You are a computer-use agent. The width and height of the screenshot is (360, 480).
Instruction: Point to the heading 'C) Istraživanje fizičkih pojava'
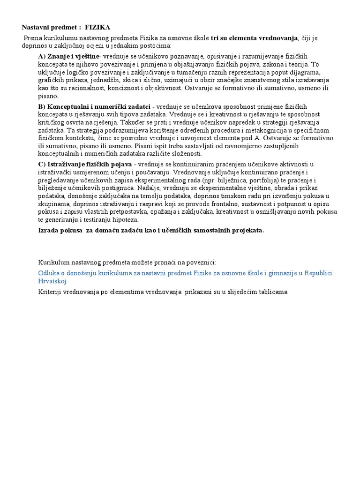tap(85, 164)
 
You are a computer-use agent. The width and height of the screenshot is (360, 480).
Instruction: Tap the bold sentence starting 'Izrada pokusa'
tap(151, 230)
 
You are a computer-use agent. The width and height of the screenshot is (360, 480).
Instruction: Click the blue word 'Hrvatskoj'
tap(52, 281)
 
